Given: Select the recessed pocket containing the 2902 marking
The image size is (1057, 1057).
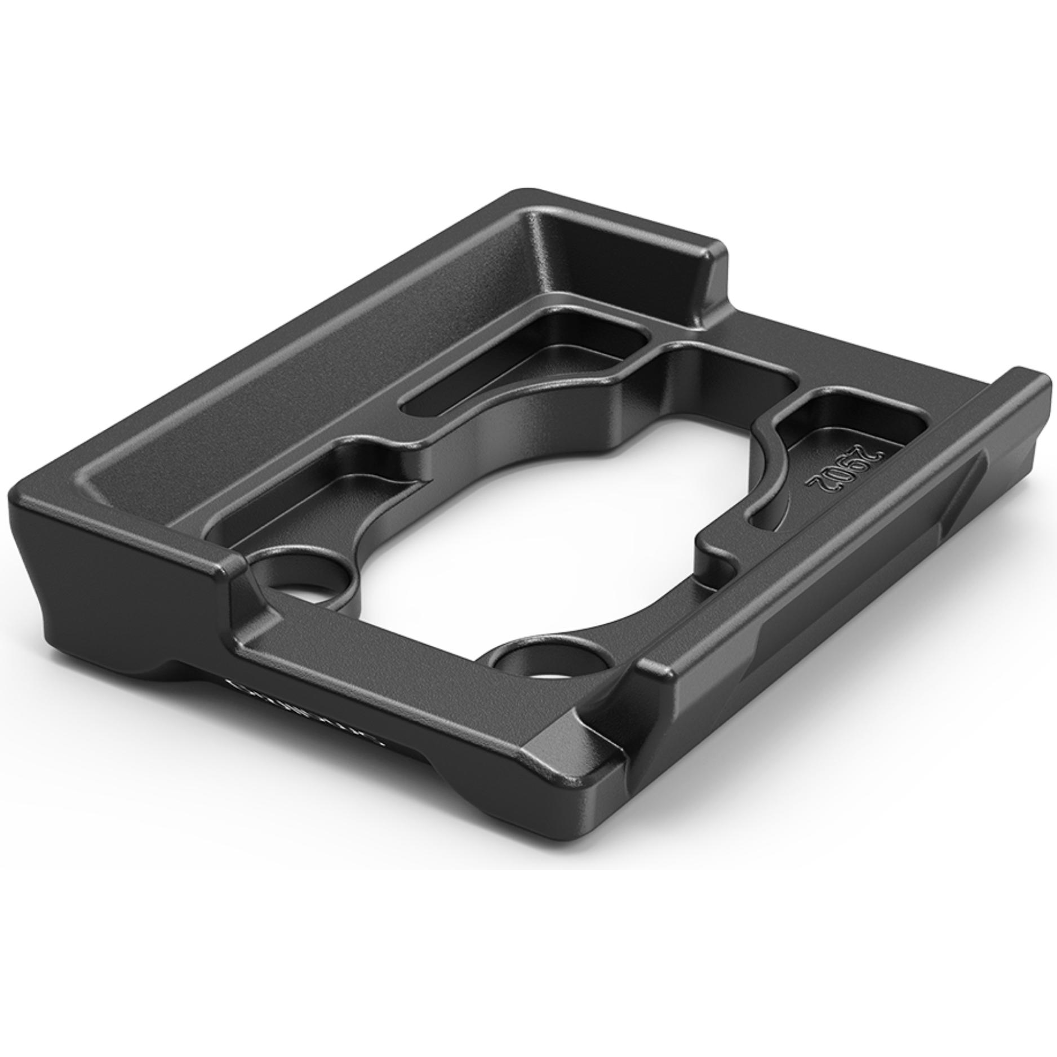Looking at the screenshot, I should (x=845, y=445).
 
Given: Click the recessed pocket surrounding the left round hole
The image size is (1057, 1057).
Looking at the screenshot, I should (x=316, y=496).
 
